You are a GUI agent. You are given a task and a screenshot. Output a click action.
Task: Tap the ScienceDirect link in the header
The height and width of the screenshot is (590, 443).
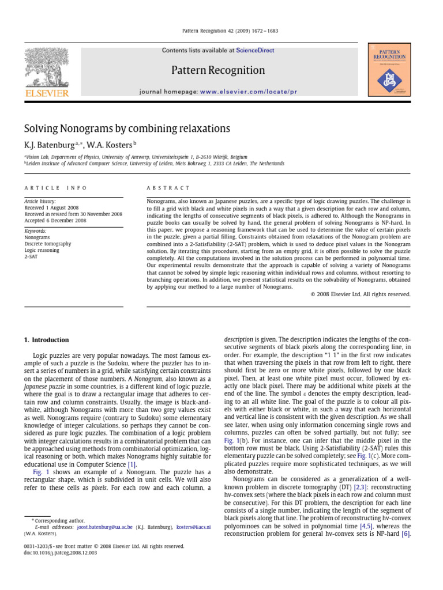coord(255,51)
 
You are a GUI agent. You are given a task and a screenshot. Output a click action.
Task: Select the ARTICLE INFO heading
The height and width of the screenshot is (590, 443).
coord(56,188)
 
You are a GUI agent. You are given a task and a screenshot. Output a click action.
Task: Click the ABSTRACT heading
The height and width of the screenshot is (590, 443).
coord(168,188)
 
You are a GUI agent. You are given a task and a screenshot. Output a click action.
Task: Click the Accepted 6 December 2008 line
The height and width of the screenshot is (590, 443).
coord(55,220)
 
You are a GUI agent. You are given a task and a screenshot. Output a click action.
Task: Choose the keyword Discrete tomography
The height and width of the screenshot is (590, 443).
coord(48,244)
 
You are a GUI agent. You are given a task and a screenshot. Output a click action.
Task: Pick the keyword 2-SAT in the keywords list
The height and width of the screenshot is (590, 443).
coord(31,257)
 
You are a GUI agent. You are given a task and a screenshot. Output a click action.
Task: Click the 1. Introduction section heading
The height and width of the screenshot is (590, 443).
coord(46,340)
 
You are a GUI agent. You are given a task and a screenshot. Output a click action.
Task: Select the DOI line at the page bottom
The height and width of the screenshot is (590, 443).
coord(61,553)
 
